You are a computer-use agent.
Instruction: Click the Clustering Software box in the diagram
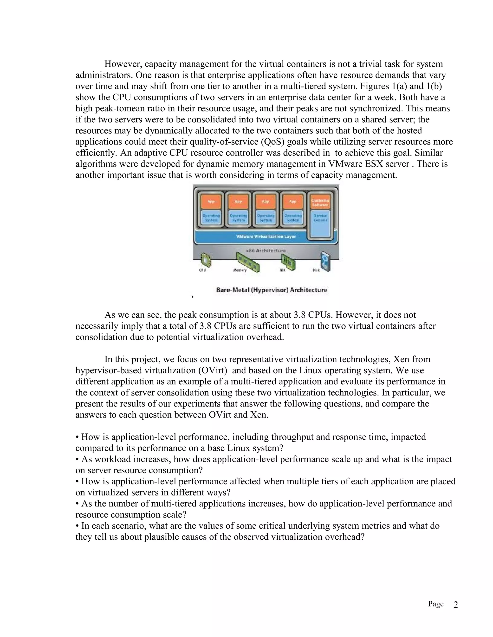click(320, 202)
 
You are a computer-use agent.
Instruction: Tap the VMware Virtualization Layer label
click(266, 236)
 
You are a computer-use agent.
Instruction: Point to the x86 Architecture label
click(266, 250)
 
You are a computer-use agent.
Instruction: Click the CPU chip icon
click(206, 260)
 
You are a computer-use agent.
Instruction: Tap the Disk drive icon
click(325, 261)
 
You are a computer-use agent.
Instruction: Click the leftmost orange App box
click(211, 201)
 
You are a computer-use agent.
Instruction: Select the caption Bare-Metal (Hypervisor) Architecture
click(272, 290)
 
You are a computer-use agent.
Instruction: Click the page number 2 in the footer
click(456, 605)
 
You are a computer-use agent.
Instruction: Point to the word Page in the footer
click(435, 604)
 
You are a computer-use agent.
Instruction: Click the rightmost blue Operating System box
click(293, 218)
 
